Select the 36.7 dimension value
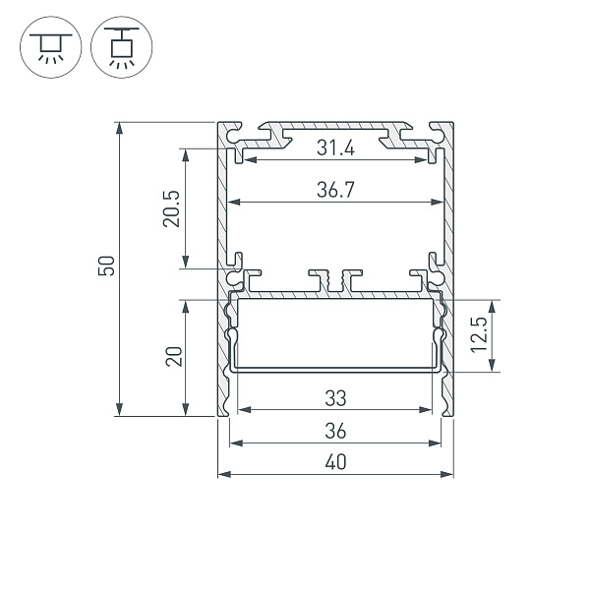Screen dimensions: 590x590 pyautogui.click(x=335, y=191)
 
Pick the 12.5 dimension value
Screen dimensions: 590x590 pyautogui.click(x=479, y=335)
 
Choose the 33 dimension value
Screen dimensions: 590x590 pyautogui.click(x=335, y=398)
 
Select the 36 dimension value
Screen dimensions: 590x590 pyautogui.click(x=335, y=431)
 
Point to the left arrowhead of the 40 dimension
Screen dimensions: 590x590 pyautogui.click(x=221, y=475)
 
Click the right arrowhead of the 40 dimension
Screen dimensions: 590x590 pyautogui.click(x=449, y=475)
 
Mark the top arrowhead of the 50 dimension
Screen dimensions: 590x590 pyautogui.click(x=119, y=126)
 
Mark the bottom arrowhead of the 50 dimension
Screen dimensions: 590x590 pyautogui.click(x=119, y=412)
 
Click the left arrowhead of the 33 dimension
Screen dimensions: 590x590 pyautogui.click(x=241, y=410)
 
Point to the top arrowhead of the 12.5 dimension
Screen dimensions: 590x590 pyautogui.click(x=493, y=304)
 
